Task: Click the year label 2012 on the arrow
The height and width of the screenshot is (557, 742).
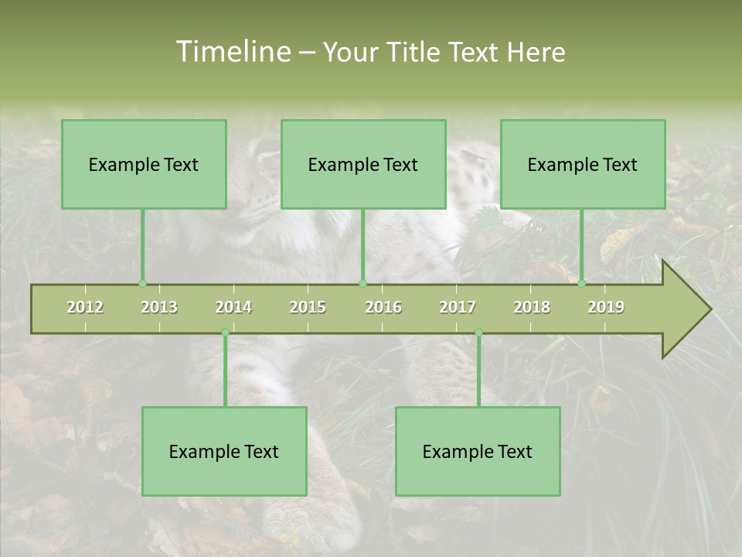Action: click(85, 307)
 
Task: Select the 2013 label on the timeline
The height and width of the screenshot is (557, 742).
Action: click(159, 307)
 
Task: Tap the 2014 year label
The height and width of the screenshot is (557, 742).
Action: click(233, 307)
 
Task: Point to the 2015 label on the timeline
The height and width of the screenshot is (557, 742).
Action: click(308, 307)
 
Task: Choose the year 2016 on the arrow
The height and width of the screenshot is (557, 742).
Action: click(383, 307)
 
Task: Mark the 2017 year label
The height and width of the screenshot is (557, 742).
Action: click(458, 307)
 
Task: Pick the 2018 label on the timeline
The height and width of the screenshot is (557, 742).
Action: click(532, 307)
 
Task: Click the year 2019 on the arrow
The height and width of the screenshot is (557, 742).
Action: click(606, 307)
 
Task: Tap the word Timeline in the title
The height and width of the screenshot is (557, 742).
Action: click(232, 52)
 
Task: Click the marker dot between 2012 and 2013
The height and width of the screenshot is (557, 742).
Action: click(142, 284)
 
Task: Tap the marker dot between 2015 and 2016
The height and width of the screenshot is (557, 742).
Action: click(362, 284)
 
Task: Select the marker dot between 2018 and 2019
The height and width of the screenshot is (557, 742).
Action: click(581, 284)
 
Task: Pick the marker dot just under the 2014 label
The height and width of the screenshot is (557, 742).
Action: click(225, 333)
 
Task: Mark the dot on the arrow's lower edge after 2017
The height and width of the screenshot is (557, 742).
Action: click(478, 333)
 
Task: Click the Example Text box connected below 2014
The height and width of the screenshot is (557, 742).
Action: click(224, 451)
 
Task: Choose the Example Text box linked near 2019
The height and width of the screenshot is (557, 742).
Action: click(583, 164)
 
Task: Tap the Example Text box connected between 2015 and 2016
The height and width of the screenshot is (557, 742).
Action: click(363, 164)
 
